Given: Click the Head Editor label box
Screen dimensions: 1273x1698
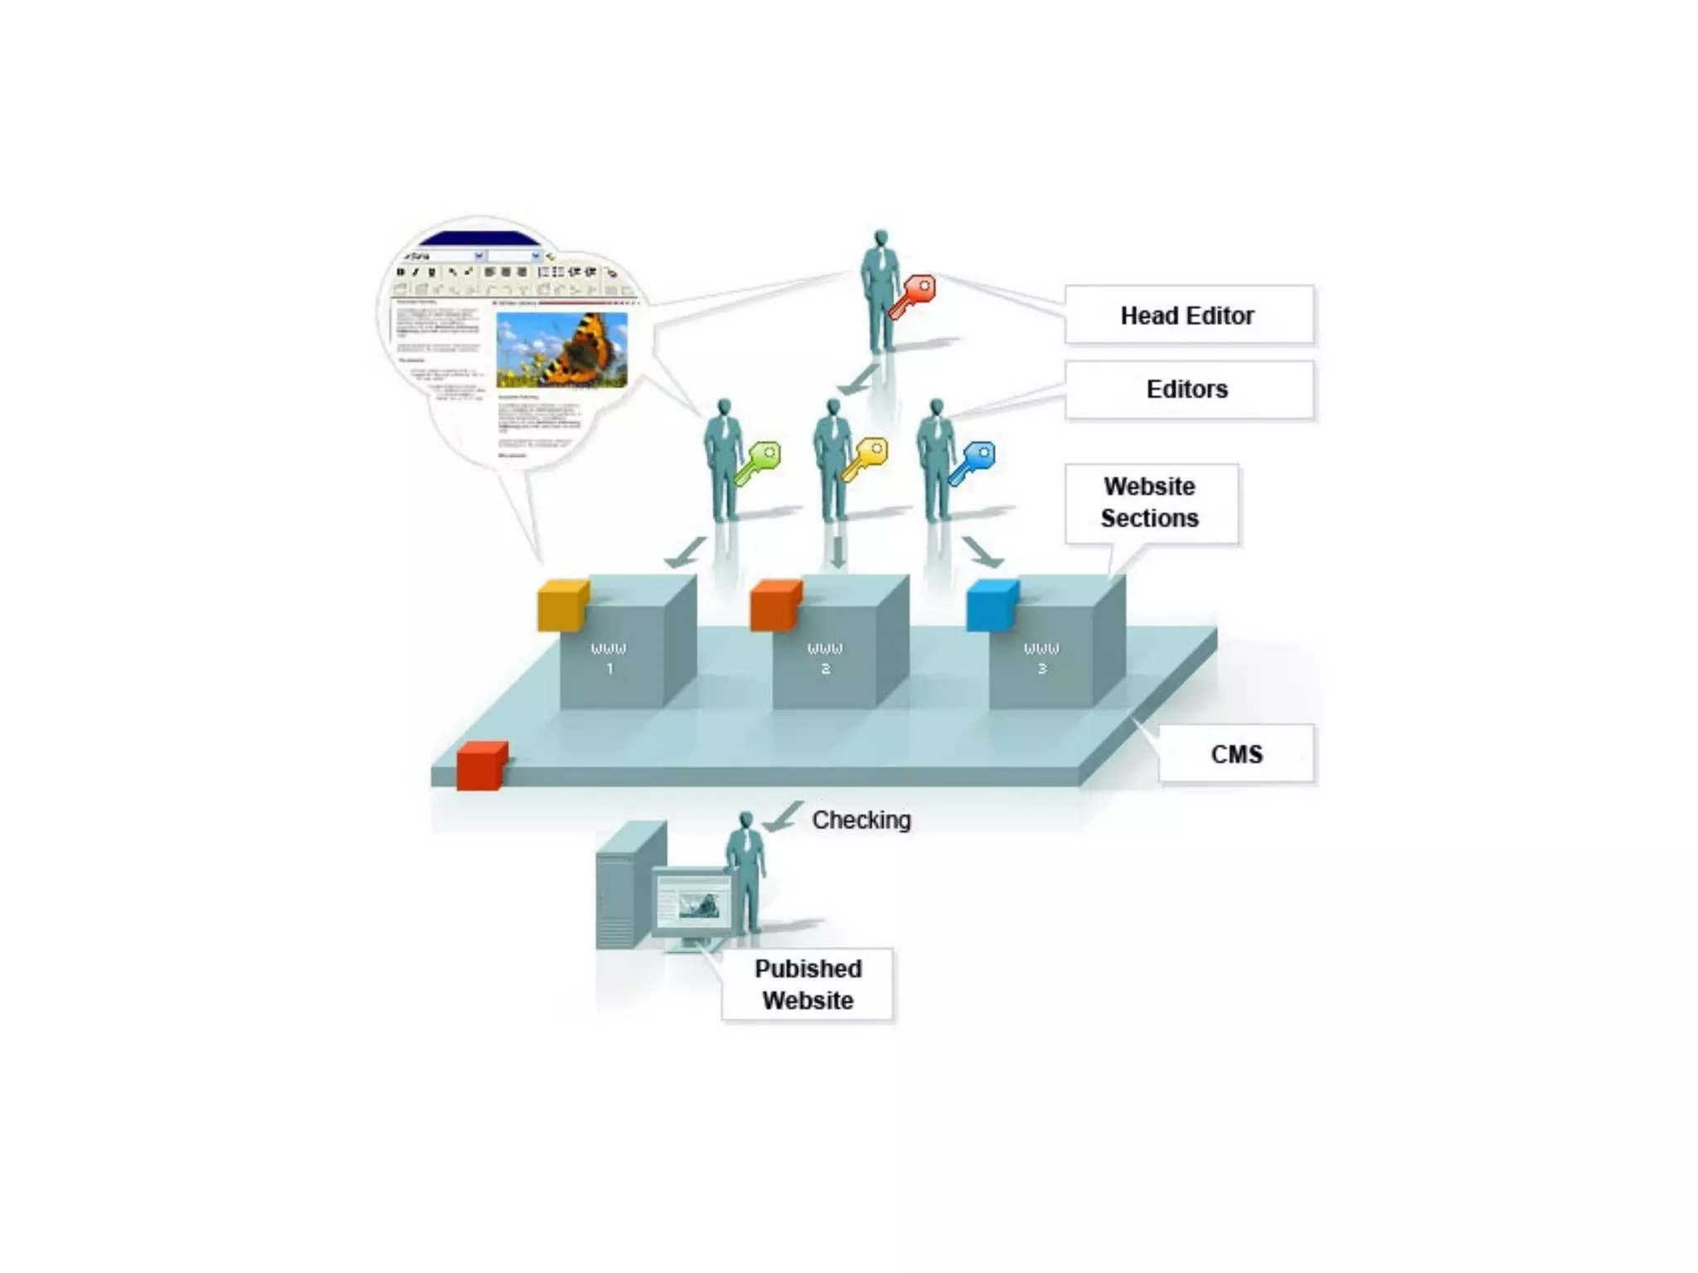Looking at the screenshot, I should (1188, 315).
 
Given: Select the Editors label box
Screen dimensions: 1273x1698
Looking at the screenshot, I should (1188, 390).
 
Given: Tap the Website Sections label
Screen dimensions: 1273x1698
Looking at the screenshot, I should (1151, 503).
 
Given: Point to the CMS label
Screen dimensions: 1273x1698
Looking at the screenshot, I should (1235, 754).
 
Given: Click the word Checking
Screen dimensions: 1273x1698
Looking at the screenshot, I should (861, 820).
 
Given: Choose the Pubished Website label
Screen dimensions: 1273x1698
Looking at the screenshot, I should (808, 985).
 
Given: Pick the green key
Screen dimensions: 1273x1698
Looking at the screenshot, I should (759, 462).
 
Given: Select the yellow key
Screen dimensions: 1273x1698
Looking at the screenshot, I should (865, 458).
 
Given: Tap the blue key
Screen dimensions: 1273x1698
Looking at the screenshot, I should (973, 462).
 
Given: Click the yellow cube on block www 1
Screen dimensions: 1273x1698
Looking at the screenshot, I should (563, 606).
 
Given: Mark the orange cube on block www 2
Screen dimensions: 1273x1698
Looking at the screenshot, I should (775, 606).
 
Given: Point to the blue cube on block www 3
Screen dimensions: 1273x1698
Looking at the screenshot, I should (992, 606).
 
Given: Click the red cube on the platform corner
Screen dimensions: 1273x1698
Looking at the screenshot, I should (482, 765).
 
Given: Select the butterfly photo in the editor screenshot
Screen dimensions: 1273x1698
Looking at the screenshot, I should (561, 350).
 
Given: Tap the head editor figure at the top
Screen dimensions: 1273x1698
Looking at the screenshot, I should (879, 290).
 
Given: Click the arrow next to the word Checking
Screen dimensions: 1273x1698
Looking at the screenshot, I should (782, 816).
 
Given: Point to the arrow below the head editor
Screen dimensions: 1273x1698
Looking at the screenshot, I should (858, 380).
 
